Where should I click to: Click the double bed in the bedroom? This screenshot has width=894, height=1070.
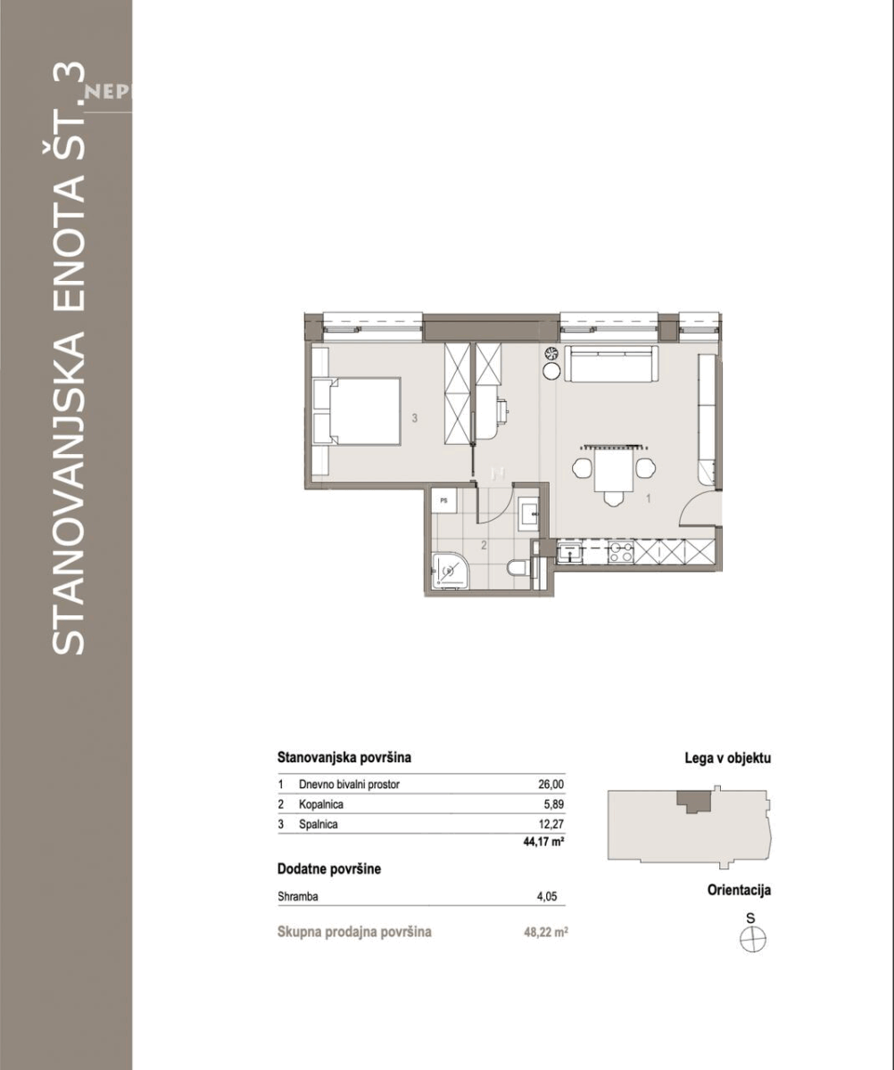point(357,411)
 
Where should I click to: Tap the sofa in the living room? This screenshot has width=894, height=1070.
point(611,363)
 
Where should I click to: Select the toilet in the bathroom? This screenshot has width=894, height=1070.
point(519,567)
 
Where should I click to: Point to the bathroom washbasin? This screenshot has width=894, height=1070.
point(528,514)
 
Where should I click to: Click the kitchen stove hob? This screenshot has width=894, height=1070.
point(621,552)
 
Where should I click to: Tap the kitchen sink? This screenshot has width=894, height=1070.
point(569,552)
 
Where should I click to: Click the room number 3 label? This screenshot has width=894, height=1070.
point(414,418)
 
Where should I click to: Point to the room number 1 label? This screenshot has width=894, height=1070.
point(649,498)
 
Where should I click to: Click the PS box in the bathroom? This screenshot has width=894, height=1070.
point(444,500)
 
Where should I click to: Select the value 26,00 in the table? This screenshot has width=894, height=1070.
point(550,784)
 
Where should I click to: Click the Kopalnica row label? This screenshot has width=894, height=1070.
point(321,804)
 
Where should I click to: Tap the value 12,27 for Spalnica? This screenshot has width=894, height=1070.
point(551,824)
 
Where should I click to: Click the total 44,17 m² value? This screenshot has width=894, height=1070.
point(543,842)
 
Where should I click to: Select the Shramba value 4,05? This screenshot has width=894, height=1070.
point(546,897)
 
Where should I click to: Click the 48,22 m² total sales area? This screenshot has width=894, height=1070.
point(546,932)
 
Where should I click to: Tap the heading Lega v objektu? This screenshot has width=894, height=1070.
point(728,759)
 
